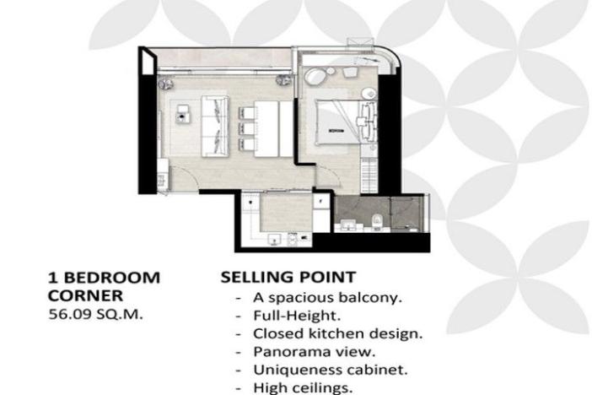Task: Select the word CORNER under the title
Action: tap(84, 295)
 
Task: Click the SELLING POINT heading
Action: tap(288, 277)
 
